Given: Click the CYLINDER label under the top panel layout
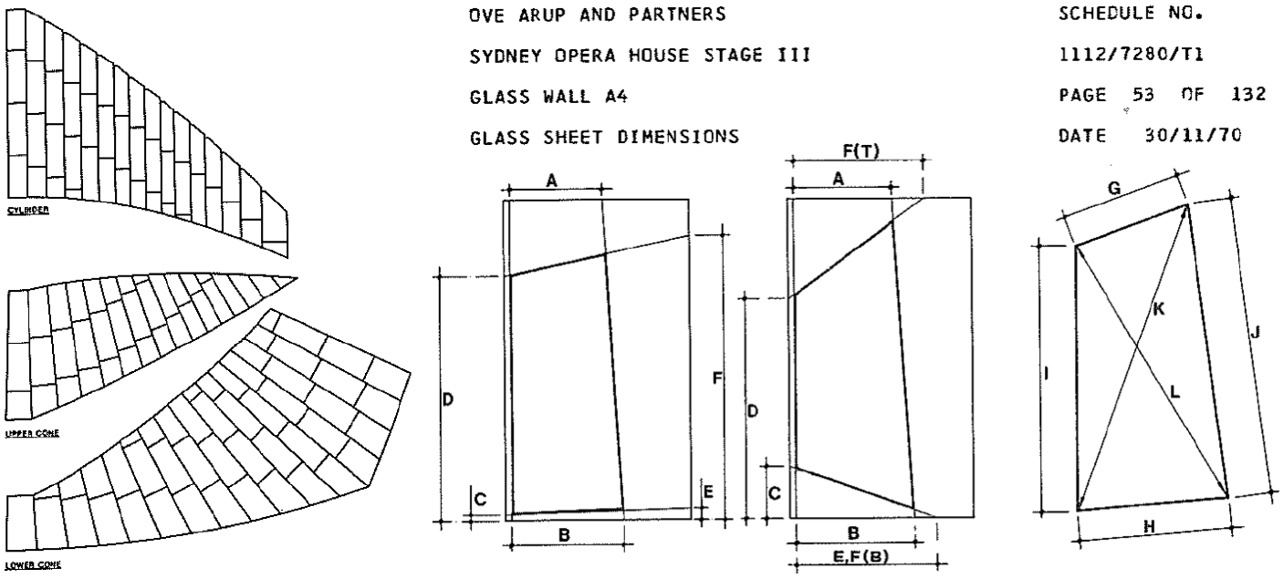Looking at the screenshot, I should tap(28, 211).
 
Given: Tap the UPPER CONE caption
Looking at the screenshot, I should tap(32, 434).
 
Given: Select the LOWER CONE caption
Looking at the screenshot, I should tap(34, 565).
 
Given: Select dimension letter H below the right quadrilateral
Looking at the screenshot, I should tap(1149, 527).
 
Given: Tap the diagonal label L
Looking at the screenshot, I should tap(1175, 393).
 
